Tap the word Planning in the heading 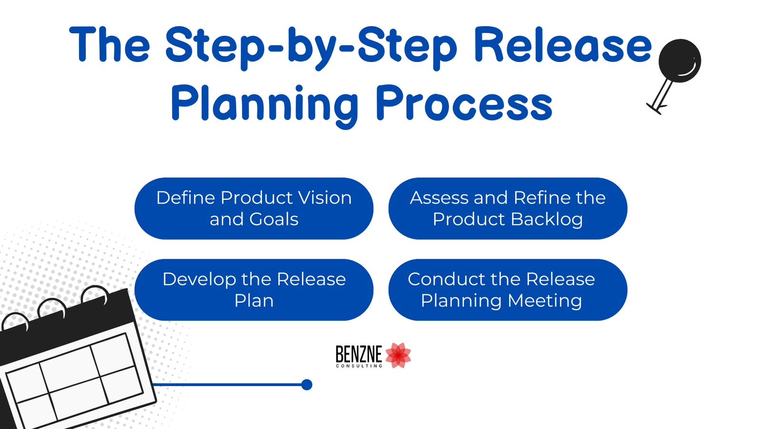point(264,104)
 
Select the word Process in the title point(464,104)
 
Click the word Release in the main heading point(563,46)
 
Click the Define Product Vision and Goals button point(254,208)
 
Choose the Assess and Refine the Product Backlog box point(508,208)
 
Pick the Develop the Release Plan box point(254,290)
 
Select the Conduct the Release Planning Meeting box point(508,290)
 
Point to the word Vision point(324,198)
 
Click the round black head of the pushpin point(680,61)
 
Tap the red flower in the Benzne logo point(398,355)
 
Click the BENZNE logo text point(359,354)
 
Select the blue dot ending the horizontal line point(307,385)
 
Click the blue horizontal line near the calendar point(229,385)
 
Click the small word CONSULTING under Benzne point(359,366)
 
